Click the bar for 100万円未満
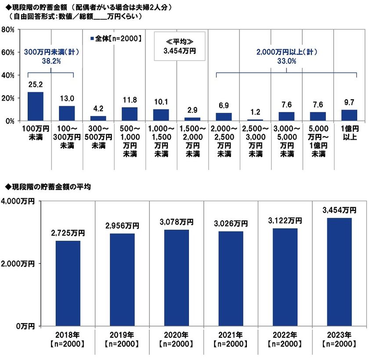pyautogui.click(x=36, y=106)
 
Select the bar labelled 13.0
pyautogui.click(x=67, y=113)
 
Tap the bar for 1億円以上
pyautogui.click(x=349, y=115)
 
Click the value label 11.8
pyautogui.click(x=130, y=100)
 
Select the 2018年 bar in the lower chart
pyautogui.click(x=68, y=283)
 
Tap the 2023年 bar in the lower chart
pyautogui.click(x=338, y=272)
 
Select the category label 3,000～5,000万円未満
pyautogui.click(x=287, y=142)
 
